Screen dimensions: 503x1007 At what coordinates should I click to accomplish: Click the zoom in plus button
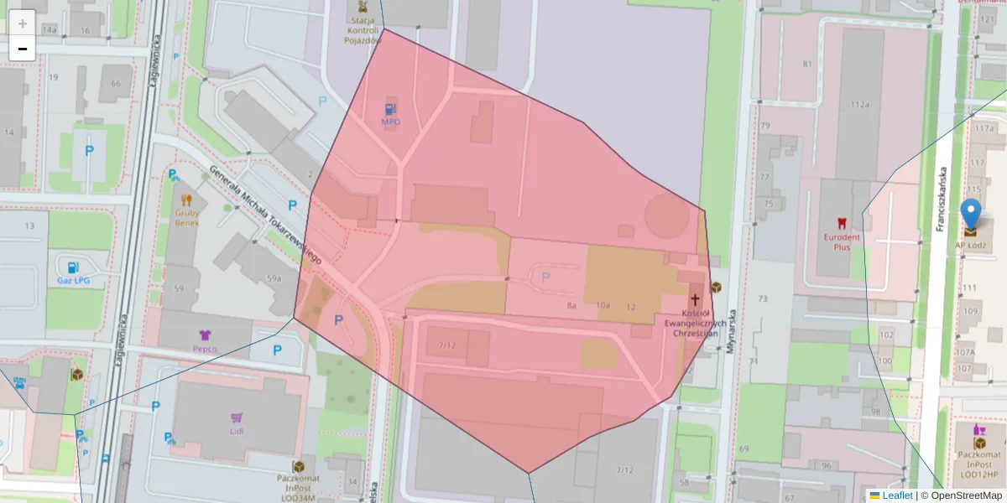(x=23, y=23)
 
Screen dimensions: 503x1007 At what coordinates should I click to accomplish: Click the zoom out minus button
(x=23, y=49)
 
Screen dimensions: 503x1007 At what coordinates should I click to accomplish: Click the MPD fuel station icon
(x=391, y=108)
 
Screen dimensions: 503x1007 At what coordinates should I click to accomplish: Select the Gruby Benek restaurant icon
(x=186, y=200)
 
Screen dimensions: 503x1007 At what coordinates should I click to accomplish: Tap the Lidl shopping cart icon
(x=237, y=417)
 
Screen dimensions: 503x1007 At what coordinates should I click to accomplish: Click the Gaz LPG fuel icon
(x=74, y=267)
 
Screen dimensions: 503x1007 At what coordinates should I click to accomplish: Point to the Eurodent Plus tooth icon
(x=842, y=223)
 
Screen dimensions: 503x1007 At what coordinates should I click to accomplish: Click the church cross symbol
(x=695, y=299)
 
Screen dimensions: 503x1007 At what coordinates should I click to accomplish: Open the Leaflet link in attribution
(x=896, y=495)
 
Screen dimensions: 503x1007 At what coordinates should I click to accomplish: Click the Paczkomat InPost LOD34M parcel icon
(x=298, y=466)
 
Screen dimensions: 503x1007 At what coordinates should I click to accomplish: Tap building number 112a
(x=860, y=105)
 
